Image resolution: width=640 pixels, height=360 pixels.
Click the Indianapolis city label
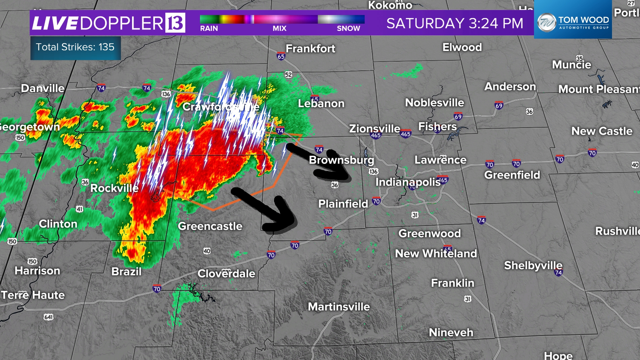coord(408,182)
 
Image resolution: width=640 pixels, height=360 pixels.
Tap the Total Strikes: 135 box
coord(75,47)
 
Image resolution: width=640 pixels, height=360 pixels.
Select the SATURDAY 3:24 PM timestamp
coord(455,23)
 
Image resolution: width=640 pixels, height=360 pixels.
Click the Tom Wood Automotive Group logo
coord(573,23)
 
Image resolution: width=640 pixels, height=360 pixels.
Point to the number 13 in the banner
coord(175,23)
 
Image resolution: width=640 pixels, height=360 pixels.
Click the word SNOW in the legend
coord(348,29)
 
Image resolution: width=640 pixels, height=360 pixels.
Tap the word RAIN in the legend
coord(209,29)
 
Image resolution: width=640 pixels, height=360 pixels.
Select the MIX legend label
coord(279,29)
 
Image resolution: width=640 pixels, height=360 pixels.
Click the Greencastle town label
coord(210,226)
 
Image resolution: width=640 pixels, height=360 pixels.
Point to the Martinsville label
coord(339,307)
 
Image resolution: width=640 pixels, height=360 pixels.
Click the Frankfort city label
coord(310,49)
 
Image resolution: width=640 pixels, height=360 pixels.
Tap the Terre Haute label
coord(33,295)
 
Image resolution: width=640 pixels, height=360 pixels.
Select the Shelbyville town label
coord(533,265)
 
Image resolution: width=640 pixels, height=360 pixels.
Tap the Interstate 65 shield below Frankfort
coord(281,56)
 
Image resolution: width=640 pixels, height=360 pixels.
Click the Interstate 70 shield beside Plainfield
coord(376,201)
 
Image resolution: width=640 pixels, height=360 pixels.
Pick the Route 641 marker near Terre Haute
coord(49,317)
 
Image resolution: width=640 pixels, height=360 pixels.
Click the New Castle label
coord(602,131)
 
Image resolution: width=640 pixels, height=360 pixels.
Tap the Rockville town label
coord(114,188)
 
